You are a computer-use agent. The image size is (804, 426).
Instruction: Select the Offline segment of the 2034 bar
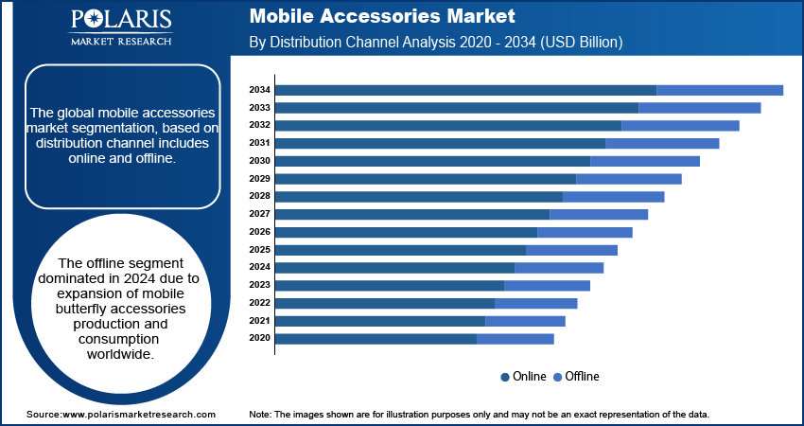720,90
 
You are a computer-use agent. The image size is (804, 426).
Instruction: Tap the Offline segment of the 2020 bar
516,338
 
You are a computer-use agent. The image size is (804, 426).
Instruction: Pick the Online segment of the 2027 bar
412,214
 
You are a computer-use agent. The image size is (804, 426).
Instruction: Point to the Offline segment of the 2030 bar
645,161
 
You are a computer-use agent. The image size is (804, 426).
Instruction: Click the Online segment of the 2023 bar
390,285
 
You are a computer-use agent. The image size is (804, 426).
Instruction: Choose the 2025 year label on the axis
260,250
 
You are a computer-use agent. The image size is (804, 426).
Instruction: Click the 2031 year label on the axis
260,143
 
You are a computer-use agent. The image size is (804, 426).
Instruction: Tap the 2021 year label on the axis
260,321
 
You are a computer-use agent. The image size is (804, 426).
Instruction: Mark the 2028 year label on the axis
260,196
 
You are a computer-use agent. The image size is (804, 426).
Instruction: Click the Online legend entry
523,377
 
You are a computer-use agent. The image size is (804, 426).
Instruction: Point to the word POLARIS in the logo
121,21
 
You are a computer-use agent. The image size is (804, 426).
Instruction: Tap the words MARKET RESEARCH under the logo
121,42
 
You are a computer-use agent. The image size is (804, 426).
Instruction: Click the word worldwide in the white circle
119,353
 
